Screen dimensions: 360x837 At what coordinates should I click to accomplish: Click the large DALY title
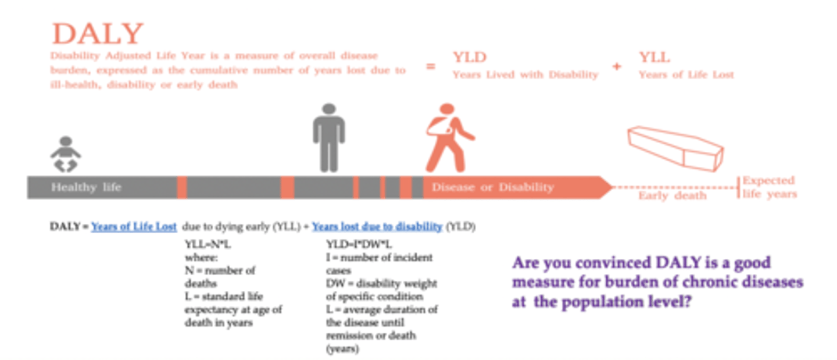(97, 34)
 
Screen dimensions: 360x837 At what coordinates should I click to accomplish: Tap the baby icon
(66, 154)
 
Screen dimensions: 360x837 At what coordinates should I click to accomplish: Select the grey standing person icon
(329, 137)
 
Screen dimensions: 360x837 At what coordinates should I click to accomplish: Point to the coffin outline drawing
(675, 148)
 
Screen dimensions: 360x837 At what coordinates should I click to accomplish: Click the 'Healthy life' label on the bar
(86, 187)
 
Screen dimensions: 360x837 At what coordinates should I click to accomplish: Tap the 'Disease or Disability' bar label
(493, 187)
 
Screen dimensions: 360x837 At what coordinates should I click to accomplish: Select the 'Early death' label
(673, 195)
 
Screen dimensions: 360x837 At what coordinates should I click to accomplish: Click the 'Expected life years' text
(769, 187)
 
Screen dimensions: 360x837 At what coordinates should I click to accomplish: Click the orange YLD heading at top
(470, 57)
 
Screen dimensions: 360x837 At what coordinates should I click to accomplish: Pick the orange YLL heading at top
(654, 57)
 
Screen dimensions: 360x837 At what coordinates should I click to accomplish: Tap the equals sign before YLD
(431, 66)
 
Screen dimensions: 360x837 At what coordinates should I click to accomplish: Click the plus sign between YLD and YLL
(616, 66)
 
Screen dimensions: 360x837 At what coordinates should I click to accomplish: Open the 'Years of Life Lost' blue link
(134, 227)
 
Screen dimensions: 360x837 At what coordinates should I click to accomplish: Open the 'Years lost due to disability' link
(377, 227)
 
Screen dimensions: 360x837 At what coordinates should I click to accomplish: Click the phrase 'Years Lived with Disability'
(525, 74)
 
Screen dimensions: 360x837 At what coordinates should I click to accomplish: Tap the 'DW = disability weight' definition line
(381, 283)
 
